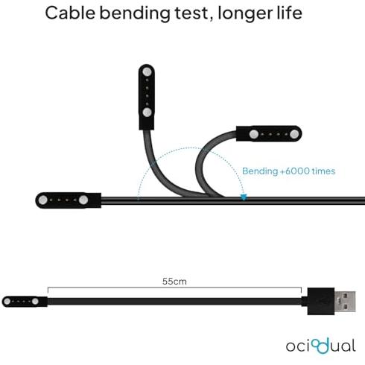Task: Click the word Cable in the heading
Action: coord(70,13)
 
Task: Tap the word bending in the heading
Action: coord(135,14)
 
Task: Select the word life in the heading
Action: coord(290,13)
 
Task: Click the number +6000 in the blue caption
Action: coord(295,171)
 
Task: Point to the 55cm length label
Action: coord(174,282)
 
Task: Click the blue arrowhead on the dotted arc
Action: coord(244,197)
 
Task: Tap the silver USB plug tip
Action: coord(345,302)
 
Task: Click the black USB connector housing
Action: coord(321,302)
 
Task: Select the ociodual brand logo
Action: coord(321,346)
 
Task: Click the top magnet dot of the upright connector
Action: coord(147,72)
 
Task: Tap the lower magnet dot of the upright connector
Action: coord(147,112)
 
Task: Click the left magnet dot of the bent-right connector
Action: coord(254,134)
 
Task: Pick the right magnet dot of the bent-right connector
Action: coord(294,134)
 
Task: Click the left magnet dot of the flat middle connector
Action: coord(43,200)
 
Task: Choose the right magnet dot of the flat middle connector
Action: coord(83,200)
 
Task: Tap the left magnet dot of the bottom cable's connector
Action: coord(7,302)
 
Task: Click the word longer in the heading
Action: coord(245,14)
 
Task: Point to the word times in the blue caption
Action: coord(323,171)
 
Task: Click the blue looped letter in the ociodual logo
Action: coord(321,346)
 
